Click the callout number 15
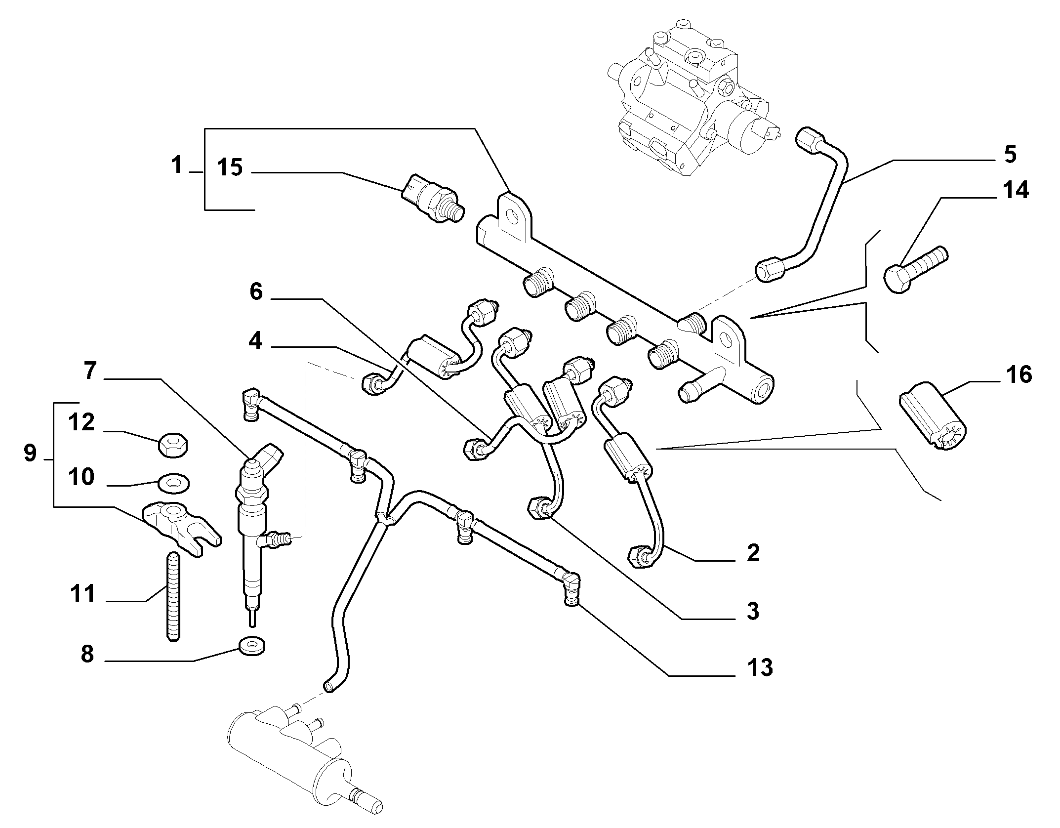[x=230, y=168]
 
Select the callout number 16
[x=1018, y=375]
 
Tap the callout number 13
[x=760, y=668]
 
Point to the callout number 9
[x=30, y=453]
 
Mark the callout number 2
[x=753, y=553]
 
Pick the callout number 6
[x=256, y=291]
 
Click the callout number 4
[x=255, y=341]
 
